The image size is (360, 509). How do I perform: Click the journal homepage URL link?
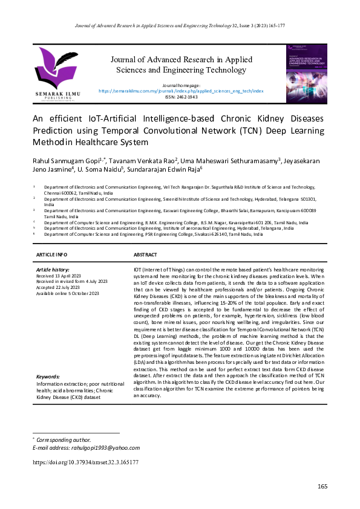(181, 91)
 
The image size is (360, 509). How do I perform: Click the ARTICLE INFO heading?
(52, 256)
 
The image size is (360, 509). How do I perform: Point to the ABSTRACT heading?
(145, 256)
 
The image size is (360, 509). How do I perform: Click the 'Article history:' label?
(53, 269)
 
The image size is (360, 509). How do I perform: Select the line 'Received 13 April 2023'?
(60, 275)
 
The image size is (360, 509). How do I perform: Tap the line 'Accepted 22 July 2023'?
(59, 287)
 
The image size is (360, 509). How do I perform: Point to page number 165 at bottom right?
(322, 487)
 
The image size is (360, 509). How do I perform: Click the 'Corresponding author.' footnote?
(64, 439)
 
